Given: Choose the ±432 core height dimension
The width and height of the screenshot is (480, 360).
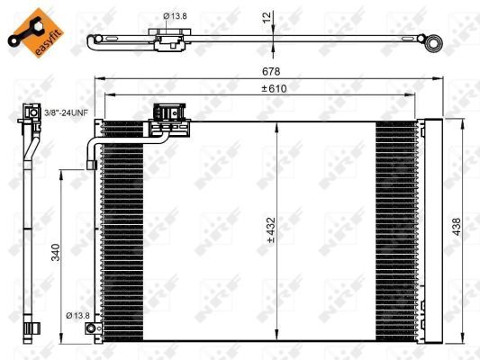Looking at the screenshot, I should [267, 232].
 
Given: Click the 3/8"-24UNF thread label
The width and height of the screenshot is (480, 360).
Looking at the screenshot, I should [66, 113].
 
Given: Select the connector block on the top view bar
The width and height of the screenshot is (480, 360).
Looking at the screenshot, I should [167, 41].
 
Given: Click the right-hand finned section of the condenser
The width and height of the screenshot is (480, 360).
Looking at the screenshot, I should [396, 229].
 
